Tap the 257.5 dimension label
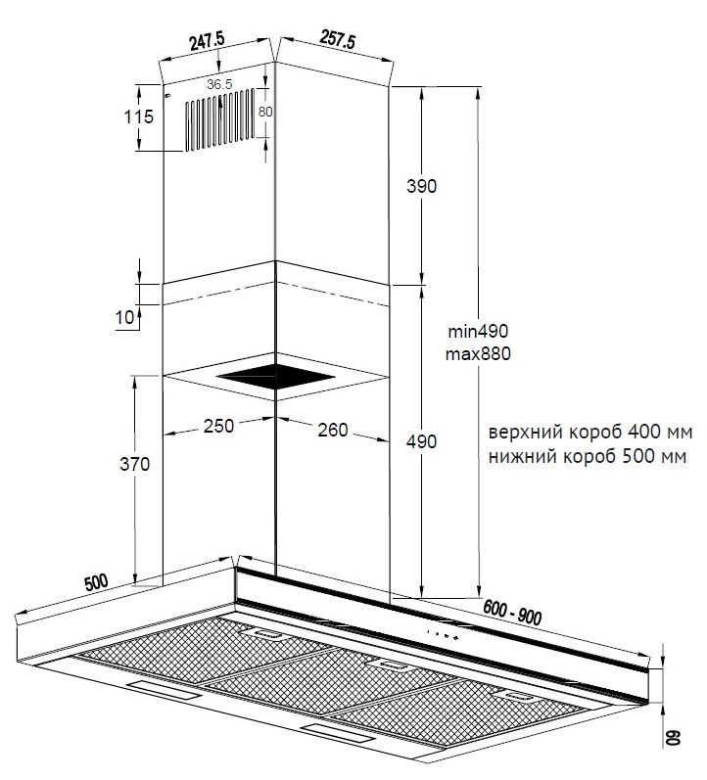coord(338,39)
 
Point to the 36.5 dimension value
coord(219,84)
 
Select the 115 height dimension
coord(139,116)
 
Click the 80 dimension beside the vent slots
coord(265,112)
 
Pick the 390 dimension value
coord(421,186)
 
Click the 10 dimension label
coord(125,317)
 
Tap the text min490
coord(478,331)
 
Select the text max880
coord(478,354)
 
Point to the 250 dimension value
coord(218,426)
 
